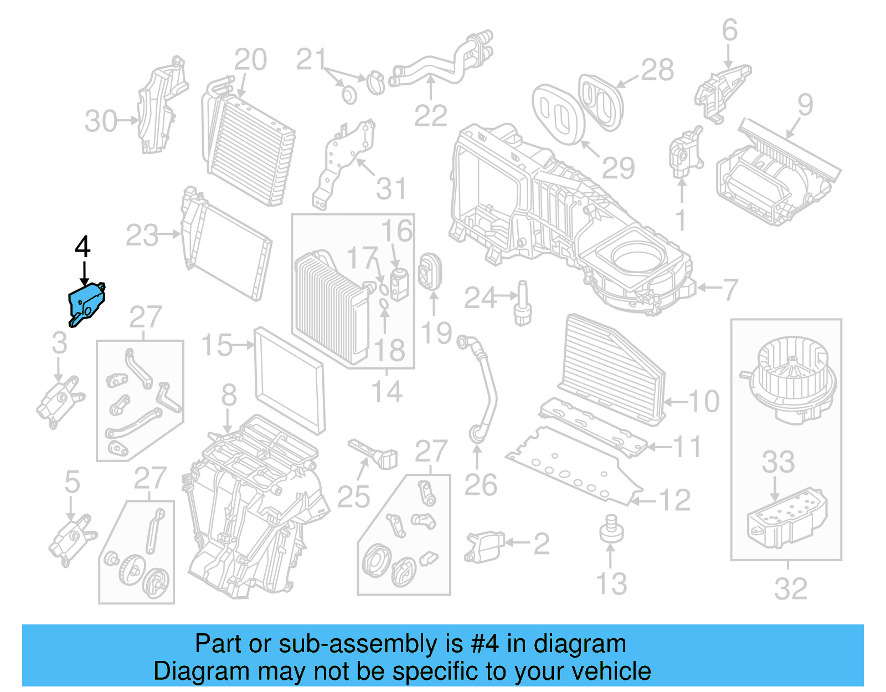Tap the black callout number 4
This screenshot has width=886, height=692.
click(83, 247)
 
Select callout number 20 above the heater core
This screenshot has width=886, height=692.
click(250, 60)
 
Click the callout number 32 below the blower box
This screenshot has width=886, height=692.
click(791, 588)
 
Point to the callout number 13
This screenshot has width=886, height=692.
click(611, 584)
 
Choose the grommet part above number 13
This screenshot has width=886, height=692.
click(611, 529)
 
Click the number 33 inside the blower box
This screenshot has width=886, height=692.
click(778, 462)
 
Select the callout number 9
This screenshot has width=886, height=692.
click(805, 105)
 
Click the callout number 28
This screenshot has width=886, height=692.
click(657, 70)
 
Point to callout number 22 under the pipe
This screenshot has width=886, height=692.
click(430, 116)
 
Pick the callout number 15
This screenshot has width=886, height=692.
click(217, 345)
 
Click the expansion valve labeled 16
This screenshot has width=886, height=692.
click(399, 283)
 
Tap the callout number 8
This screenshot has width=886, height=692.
click(229, 396)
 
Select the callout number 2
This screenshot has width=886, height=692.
click(541, 544)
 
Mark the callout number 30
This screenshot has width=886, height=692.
click(101, 121)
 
